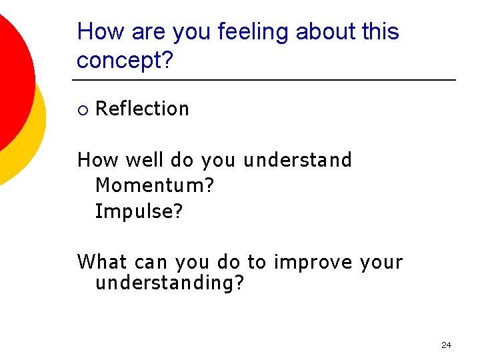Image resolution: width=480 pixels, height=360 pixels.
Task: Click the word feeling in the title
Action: (x=254, y=32)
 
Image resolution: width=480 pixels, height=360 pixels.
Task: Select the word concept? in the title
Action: (x=125, y=61)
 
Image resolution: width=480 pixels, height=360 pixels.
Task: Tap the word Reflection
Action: (x=142, y=109)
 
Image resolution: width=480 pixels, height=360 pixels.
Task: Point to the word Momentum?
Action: (x=155, y=186)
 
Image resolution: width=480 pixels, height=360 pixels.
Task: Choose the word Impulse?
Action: (x=139, y=211)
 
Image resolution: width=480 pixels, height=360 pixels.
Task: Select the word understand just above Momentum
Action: (x=297, y=160)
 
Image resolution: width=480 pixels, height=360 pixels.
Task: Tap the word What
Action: (x=100, y=262)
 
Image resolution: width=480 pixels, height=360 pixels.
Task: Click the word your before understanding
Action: (x=381, y=262)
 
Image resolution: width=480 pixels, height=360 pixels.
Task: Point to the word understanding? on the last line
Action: (x=170, y=283)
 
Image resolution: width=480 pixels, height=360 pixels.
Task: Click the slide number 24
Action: (x=446, y=345)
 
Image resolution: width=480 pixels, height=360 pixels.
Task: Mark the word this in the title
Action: (x=380, y=32)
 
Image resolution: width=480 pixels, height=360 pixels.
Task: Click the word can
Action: (x=151, y=262)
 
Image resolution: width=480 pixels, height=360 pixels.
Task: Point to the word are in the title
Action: (x=149, y=32)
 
